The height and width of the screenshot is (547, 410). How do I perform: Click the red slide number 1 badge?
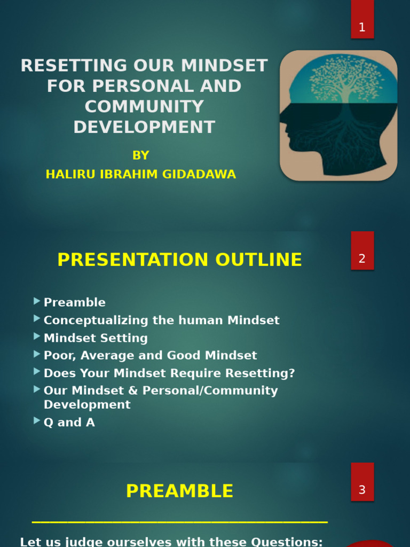pyautogui.click(x=362, y=20)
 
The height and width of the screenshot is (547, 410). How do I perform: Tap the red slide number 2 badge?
pyautogui.click(x=362, y=252)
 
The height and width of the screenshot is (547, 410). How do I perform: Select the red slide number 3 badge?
pyautogui.click(x=362, y=482)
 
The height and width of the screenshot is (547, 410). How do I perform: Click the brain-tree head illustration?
pyautogui.click(x=338, y=115)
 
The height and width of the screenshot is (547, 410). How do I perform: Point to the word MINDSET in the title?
pyautogui.click(x=224, y=66)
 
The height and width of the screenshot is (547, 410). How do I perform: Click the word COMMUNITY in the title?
pyautogui.click(x=144, y=107)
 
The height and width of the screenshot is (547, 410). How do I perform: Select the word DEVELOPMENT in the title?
pyautogui.click(x=144, y=127)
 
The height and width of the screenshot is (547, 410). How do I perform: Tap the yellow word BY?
pyautogui.click(x=141, y=155)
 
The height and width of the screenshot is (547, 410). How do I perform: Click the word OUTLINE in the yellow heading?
pyautogui.click(x=259, y=260)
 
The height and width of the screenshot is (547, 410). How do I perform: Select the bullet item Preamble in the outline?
pyautogui.click(x=75, y=302)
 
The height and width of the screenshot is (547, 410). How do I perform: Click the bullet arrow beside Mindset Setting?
pyautogui.click(x=37, y=337)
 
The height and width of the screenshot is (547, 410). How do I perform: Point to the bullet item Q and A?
pyautogui.click(x=69, y=423)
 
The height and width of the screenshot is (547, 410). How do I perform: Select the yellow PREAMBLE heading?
pyautogui.click(x=179, y=491)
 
